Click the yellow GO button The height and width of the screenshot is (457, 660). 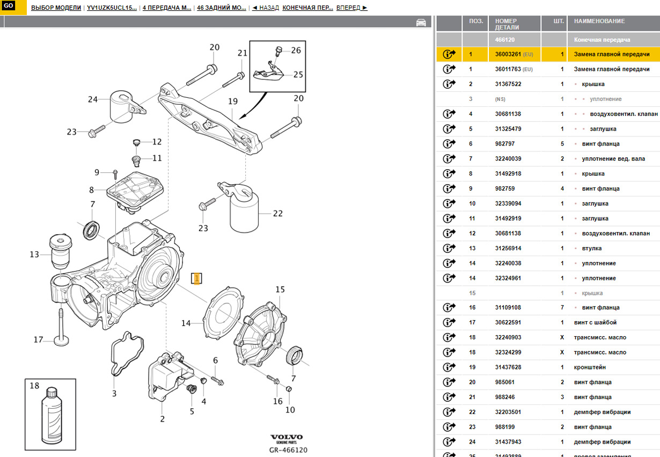pos(9,6)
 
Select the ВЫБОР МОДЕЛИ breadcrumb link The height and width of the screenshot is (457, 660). pos(56,8)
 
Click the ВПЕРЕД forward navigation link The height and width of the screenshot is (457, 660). pos(351,8)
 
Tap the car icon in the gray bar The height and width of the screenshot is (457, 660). pos(421,23)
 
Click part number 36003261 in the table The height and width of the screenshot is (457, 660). pos(508,54)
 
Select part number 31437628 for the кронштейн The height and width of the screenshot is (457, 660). pos(508,367)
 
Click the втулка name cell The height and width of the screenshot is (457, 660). pos(591,248)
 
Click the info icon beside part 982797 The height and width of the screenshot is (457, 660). pos(449,144)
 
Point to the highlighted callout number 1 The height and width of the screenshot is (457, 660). pos(197,278)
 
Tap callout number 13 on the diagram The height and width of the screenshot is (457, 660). pos(34,255)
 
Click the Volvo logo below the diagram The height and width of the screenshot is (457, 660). pos(286,438)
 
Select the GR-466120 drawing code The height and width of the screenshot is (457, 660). pos(288,450)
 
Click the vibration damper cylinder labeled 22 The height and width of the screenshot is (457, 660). pos(244,213)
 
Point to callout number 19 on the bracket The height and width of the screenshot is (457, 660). pos(232,101)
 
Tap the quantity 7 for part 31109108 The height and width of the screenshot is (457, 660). pos(562,308)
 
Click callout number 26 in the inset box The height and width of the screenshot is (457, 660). pos(296,51)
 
